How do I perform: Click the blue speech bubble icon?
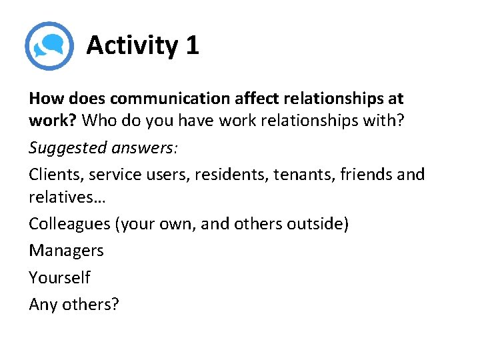[49, 45]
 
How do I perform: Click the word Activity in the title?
[131, 45]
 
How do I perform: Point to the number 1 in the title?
[192, 45]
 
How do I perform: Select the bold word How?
[45, 99]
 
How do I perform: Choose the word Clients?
[53, 174]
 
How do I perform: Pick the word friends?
[366, 174]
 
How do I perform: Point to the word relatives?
[63, 197]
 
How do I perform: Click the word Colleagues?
[69, 223]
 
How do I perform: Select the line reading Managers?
[66, 250]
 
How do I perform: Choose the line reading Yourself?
[59, 277]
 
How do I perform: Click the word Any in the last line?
[43, 304]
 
